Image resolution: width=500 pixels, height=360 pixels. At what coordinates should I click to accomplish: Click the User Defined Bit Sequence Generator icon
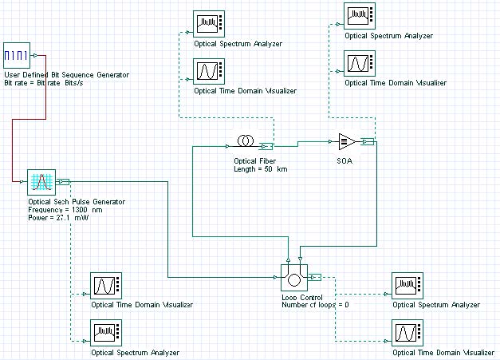pos(18,56)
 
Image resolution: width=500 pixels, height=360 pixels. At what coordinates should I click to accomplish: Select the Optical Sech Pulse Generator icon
pos(40,183)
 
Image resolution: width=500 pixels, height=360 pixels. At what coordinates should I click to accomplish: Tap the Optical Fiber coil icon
pos(244,141)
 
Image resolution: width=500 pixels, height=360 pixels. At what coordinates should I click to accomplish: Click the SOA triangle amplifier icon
pos(348,141)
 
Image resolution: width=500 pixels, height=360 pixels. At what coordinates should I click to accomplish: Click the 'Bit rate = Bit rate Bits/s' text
pos(53,83)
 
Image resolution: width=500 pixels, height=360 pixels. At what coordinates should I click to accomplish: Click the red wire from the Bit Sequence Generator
pos(11,152)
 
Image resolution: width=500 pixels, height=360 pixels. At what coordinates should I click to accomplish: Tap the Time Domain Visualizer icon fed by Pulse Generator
pos(107,285)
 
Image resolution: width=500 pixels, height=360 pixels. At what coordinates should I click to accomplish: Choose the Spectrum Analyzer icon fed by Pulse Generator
pos(107,332)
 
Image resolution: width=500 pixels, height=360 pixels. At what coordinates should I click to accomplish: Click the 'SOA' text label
pos(344,160)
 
